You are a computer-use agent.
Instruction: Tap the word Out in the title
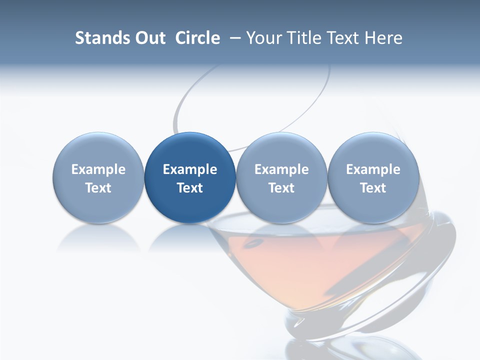click(148, 38)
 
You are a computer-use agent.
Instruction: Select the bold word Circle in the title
click(197, 38)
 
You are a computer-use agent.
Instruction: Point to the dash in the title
click(234, 38)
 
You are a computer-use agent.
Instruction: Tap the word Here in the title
click(382, 38)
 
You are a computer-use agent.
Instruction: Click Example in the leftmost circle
click(98, 169)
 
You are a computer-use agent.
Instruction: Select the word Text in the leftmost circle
click(98, 188)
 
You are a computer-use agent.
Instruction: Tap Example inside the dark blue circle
click(190, 169)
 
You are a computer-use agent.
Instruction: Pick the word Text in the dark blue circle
click(190, 188)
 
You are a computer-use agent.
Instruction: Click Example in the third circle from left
click(281, 169)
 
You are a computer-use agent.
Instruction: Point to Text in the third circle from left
click(281, 188)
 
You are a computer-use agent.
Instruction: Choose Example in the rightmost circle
click(373, 169)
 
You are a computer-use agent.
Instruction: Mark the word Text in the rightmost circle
click(373, 188)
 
